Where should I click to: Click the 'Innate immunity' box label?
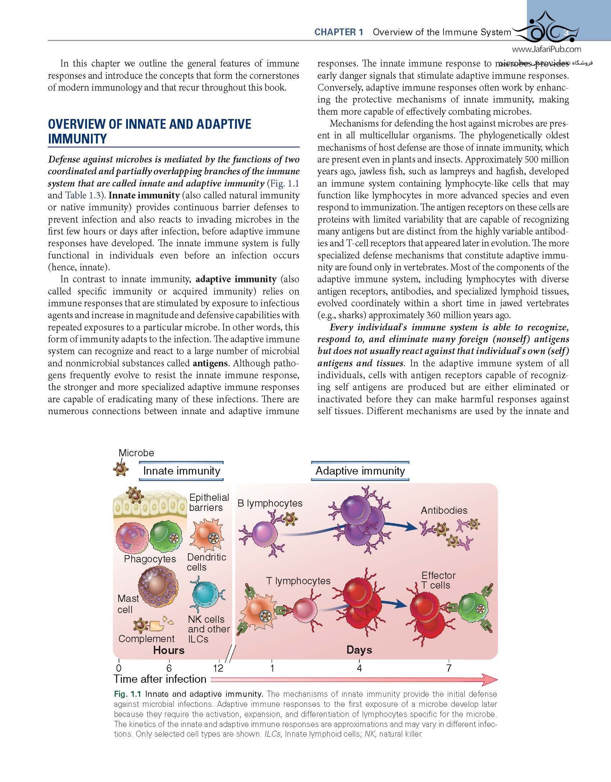(x=182, y=471)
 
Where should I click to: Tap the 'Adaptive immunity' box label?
(x=360, y=471)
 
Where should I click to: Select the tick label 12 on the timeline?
(x=218, y=668)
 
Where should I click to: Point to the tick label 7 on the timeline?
(x=449, y=668)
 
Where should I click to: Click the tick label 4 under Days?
(x=359, y=668)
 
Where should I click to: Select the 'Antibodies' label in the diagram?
(x=444, y=510)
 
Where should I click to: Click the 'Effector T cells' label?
(x=438, y=580)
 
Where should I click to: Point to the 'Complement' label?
(x=146, y=639)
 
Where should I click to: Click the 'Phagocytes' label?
(x=150, y=559)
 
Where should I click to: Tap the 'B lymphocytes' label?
(x=270, y=503)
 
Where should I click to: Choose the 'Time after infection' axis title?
(x=160, y=679)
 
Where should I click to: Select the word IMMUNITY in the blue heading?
(x=77, y=139)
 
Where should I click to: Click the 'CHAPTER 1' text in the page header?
(x=339, y=32)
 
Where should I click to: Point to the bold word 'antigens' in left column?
(x=210, y=363)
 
